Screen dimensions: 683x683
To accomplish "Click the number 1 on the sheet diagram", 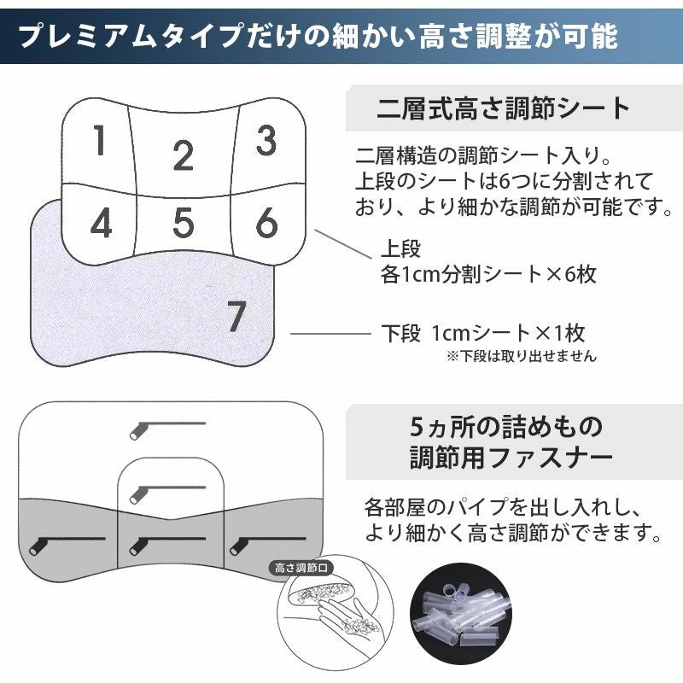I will (x=100, y=141).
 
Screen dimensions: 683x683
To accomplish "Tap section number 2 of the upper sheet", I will (x=183, y=156).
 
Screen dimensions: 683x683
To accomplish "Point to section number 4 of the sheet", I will (x=101, y=224).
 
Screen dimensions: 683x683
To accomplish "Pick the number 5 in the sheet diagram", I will (x=184, y=223).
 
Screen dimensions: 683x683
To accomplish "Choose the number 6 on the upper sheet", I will (x=266, y=223).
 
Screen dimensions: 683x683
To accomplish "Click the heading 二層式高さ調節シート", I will (x=504, y=109).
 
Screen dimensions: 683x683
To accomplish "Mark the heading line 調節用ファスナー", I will (x=512, y=458).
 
